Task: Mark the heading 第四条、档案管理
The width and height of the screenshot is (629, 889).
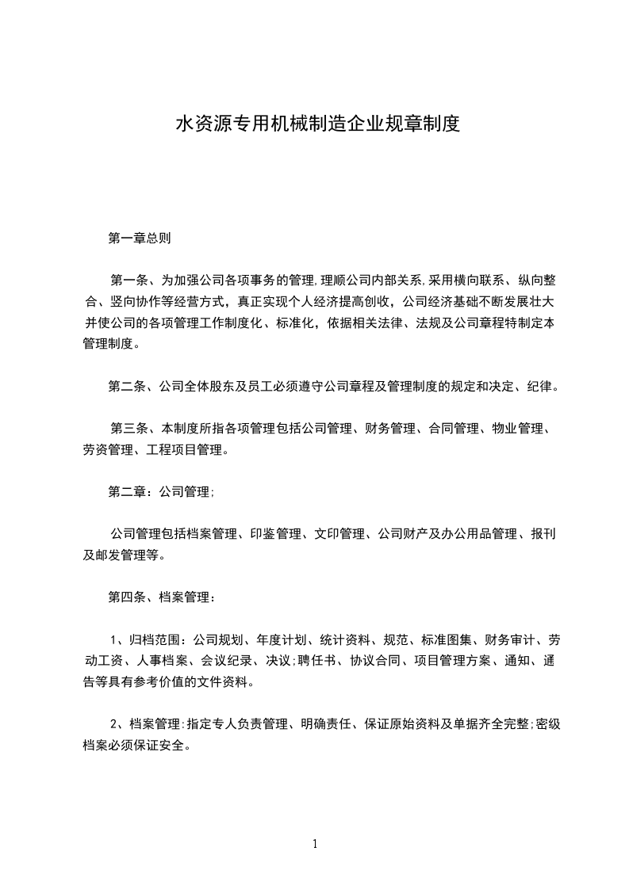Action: point(159,597)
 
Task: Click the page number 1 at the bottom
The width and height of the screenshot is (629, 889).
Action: point(315,844)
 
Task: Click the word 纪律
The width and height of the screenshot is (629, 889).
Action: point(544,387)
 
